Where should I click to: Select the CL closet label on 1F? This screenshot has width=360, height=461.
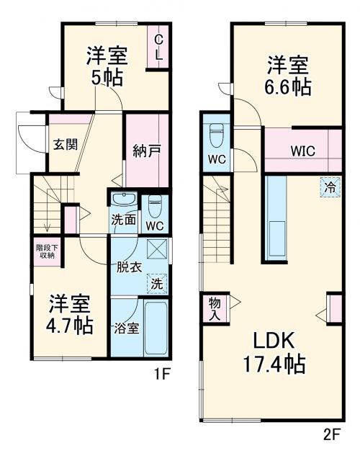[159, 46]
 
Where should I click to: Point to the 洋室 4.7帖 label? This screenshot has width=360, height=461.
[71, 314]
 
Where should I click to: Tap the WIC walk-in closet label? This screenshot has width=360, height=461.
[302, 152]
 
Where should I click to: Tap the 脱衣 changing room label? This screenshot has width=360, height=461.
[129, 267]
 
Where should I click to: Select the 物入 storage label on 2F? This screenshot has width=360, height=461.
[214, 308]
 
